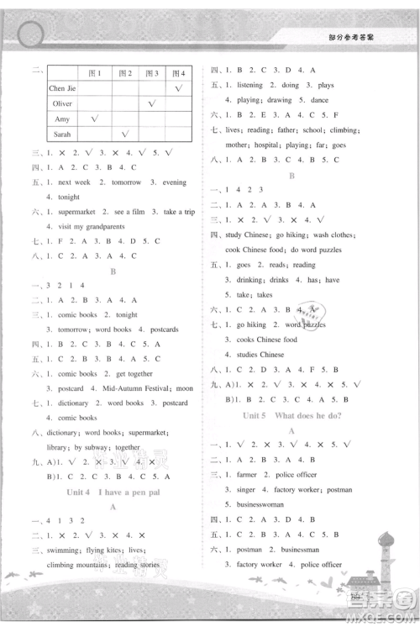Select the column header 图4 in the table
pos(178,72)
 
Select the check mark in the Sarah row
pos(124,134)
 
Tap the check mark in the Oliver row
pos(152,103)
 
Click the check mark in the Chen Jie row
pos(178,88)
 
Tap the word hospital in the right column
pos(264,145)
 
